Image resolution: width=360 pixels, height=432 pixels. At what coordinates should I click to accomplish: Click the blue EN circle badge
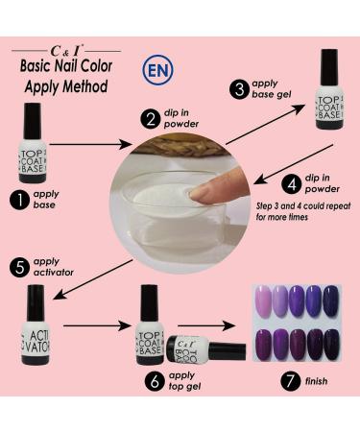(x=157, y=70)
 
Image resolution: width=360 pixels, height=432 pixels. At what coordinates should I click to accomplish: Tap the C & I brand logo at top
(x=67, y=51)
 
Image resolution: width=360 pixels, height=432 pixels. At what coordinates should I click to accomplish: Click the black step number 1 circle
(x=20, y=200)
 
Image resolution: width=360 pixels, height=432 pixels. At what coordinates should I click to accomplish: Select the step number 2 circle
(x=151, y=119)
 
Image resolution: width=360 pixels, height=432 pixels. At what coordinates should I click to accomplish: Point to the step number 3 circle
(x=239, y=89)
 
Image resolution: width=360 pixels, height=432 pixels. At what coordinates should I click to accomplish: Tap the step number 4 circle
(x=292, y=183)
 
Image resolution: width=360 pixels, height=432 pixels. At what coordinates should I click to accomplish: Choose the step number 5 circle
(x=20, y=267)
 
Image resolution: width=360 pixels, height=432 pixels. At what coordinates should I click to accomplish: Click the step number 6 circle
(x=155, y=381)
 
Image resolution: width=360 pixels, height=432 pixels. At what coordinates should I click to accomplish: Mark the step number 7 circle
(x=291, y=380)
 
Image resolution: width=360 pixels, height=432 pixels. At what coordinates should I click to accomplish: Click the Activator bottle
(x=36, y=325)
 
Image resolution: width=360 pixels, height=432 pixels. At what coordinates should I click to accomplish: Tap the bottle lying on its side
(x=205, y=349)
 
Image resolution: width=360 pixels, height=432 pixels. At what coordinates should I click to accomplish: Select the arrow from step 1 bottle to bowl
(x=90, y=144)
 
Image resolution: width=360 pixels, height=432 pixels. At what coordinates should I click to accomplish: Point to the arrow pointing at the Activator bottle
(x=93, y=279)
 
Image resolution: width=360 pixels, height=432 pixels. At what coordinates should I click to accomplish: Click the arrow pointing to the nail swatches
(x=206, y=325)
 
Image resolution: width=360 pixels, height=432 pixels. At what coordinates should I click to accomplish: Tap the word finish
(x=316, y=381)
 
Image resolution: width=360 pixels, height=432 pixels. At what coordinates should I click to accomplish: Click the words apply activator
(x=53, y=267)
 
